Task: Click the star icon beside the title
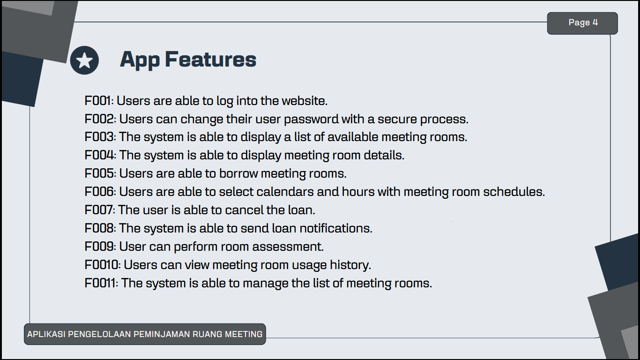tap(84, 60)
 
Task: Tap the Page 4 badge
tap(582, 23)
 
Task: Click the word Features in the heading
tap(210, 59)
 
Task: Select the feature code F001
tap(97, 101)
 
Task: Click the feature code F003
tap(99, 137)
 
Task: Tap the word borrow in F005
tap(238, 173)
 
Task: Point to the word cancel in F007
tap(244, 210)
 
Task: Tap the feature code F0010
tap(101, 265)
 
